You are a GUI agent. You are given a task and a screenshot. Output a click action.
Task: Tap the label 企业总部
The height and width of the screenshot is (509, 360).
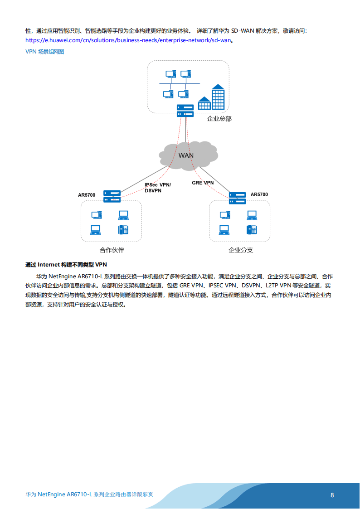tap(219, 119)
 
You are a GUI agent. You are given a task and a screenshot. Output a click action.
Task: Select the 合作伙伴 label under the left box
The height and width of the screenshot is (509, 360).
tap(112, 250)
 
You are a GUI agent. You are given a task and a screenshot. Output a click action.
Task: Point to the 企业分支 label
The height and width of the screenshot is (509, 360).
tap(241, 250)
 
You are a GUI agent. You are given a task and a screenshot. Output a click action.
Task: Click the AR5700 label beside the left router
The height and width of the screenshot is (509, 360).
tap(87, 195)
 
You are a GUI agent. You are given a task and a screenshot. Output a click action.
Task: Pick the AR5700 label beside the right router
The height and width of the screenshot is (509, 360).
tap(259, 194)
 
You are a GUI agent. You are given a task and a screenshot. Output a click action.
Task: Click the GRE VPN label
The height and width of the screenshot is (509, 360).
tap(203, 183)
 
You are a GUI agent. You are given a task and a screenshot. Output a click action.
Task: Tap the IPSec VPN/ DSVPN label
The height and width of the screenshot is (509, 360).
tap(158, 188)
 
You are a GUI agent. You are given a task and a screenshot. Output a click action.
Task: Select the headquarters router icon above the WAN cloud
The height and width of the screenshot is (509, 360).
tap(185, 110)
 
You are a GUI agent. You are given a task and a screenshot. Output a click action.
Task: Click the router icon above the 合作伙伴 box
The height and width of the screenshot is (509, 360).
tap(112, 196)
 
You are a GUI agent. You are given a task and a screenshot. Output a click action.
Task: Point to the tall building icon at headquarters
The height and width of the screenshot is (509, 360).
tap(218, 97)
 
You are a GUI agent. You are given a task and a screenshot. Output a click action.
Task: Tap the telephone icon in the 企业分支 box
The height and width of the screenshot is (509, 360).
tap(252, 230)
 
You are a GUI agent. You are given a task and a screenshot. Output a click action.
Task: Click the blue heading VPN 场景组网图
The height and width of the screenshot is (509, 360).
tap(45, 52)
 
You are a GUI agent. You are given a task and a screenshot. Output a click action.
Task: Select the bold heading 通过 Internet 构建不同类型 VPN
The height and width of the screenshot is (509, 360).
tap(66, 264)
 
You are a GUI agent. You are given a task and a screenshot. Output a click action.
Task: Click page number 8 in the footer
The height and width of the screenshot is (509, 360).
tap(332, 495)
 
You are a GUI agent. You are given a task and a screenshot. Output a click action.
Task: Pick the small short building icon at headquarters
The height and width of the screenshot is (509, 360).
tap(204, 103)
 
